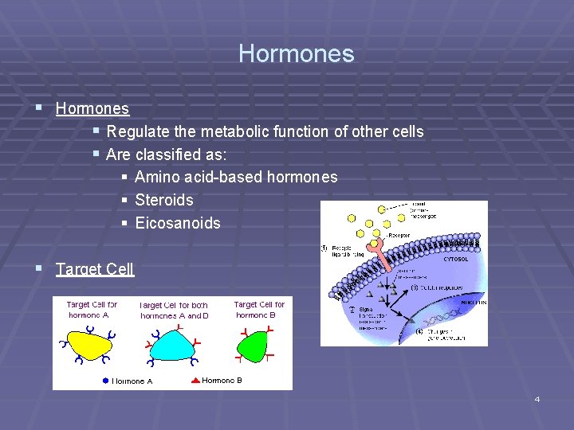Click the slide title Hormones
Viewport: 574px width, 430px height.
tap(296, 54)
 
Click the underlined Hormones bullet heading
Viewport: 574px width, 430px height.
tap(92, 108)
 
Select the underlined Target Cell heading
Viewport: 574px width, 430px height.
tap(95, 269)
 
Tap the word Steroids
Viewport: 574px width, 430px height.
tap(164, 200)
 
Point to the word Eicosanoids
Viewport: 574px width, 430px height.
tap(178, 223)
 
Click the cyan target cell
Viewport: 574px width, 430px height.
tap(175, 343)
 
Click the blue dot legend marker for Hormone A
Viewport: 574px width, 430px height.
tap(105, 381)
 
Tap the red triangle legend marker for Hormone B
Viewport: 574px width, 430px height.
tap(196, 381)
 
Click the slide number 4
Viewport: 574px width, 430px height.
tap(537, 399)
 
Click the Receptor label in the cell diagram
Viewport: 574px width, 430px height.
tap(398, 236)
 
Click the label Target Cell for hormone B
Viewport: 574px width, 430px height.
tap(259, 310)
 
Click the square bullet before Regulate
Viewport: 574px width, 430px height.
tap(96, 131)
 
